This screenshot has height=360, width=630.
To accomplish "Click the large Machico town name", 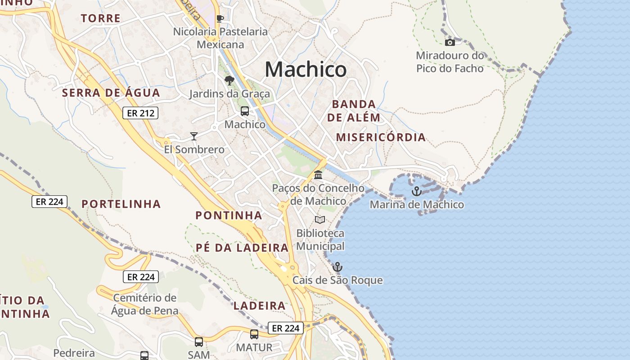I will tap(306, 69).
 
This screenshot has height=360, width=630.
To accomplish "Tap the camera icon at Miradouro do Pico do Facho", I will tap(450, 42).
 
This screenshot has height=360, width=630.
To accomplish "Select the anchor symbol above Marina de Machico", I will tap(417, 191).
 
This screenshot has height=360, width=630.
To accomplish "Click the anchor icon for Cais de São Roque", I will tap(337, 267).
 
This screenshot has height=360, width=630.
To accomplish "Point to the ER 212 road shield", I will tap(140, 113).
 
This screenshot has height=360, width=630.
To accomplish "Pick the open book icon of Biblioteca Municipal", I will tap(320, 220).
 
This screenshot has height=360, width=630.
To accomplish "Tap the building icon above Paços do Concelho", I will tap(318, 174).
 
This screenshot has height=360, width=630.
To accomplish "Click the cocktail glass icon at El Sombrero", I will tap(194, 136).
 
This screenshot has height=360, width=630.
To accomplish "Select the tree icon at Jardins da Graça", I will tap(229, 81).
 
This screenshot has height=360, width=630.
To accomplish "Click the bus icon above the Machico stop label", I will tap(244, 111).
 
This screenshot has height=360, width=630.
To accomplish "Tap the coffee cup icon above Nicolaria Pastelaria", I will tap(220, 18).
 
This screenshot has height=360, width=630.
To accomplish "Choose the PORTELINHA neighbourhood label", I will tap(121, 204).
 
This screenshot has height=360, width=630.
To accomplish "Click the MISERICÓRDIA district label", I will tap(381, 137).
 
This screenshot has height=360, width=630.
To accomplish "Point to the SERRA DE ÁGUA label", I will tap(111, 93).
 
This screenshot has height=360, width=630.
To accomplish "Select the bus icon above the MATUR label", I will tap(254, 334).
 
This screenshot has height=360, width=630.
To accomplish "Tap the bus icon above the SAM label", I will tap(199, 342).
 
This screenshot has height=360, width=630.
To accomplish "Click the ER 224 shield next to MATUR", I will tap(286, 328).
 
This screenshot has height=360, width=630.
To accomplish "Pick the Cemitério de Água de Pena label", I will tap(145, 304).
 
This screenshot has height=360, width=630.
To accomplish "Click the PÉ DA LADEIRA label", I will tap(242, 247).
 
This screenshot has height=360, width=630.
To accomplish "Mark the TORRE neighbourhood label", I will tap(101, 18).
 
